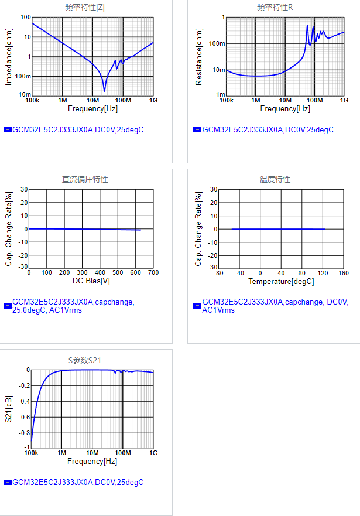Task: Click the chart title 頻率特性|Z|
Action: [x=85, y=8]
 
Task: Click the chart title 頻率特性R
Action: [x=275, y=8]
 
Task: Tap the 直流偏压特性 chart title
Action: [x=85, y=179]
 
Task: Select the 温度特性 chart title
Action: [x=275, y=179]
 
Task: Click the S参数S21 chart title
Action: [x=85, y=360]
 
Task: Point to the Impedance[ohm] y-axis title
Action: [x=8, y=56]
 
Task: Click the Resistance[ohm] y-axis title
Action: [x=198, y=56]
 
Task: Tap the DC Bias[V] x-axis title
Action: [x=91, y=281]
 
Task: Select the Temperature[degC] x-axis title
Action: [x=281, y=281]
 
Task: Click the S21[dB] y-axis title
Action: [x=8, y=408]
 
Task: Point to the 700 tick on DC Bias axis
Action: [x=153, y=273]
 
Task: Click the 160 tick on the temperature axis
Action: [x=344, y=273]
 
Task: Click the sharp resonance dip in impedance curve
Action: [x=104, y=91]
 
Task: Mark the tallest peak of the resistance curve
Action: [x=307, y=26]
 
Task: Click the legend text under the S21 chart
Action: [x=78, y=483]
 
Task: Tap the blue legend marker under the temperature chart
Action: [x=197, y=306]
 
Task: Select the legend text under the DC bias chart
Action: [x=73, y=306]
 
